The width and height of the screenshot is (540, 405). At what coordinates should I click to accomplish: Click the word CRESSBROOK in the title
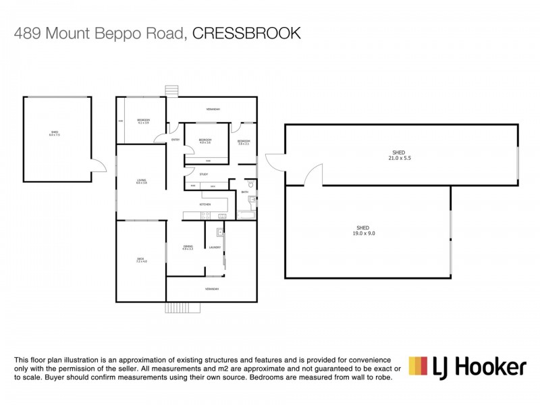click(247, 34)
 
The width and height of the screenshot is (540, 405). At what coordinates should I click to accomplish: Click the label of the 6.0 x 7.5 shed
click(54, 134)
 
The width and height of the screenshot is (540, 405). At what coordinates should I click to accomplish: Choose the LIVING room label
click(141, 182)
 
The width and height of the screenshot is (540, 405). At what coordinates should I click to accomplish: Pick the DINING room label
click(188, 248)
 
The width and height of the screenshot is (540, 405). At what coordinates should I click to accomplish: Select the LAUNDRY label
click(215, 247)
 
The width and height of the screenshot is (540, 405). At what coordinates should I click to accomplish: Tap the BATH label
click(245, 192)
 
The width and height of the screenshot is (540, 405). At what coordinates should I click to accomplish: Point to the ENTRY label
click(175, 140)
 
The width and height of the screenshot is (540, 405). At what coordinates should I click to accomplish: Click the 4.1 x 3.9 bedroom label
click(143, 122)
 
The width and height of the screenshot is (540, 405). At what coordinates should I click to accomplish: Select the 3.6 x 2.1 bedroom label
click(244, 142)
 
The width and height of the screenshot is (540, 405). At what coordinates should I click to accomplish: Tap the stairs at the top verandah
click(171, 90)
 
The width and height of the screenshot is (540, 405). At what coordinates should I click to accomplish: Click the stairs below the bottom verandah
click(183, 307)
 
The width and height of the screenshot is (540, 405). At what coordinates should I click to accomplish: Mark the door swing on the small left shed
click(99, 165)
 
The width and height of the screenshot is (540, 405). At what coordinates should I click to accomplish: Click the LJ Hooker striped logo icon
click(418, 367)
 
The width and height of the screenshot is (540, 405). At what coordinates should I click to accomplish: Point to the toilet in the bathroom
click(250, 183)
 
